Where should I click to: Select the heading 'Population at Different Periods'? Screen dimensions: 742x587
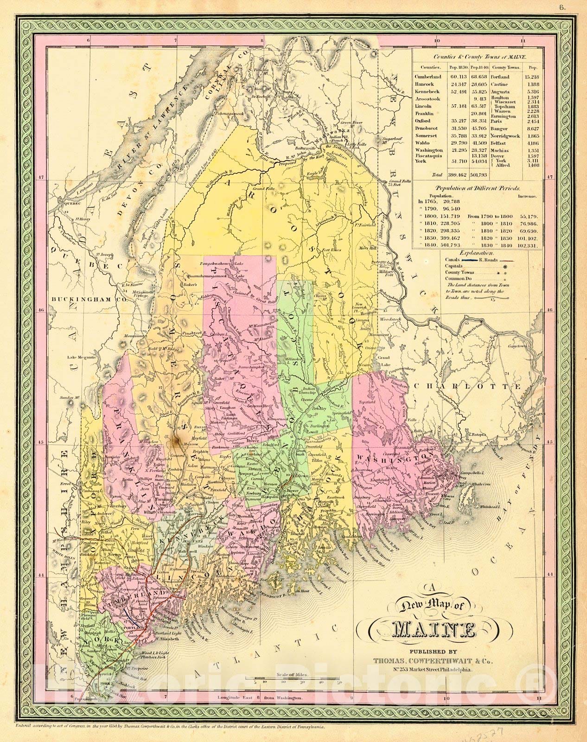point(474,189)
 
